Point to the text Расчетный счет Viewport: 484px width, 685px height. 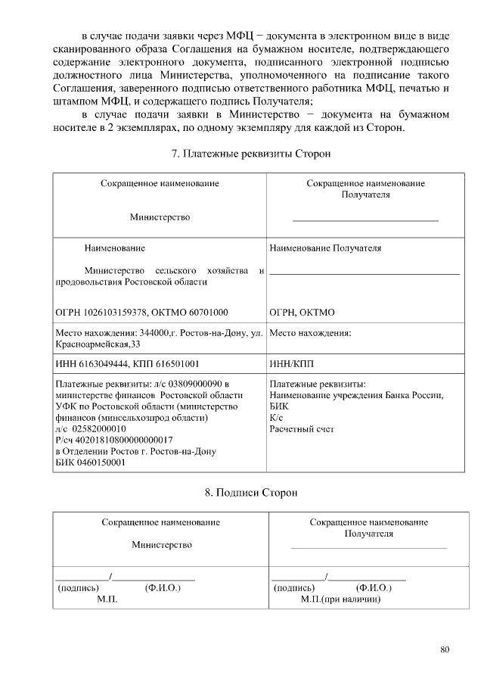302,429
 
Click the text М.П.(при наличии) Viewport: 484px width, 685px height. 340,599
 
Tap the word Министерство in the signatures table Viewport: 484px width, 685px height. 161,544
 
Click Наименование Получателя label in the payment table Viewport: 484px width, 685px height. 325,248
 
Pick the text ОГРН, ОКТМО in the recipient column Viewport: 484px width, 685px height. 302,312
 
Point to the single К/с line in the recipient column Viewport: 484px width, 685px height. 276,418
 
